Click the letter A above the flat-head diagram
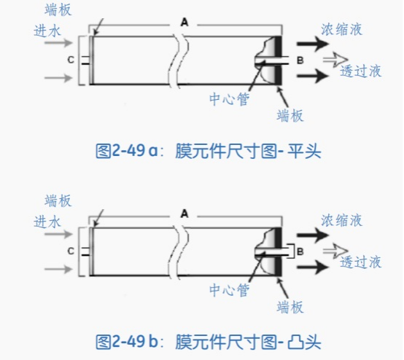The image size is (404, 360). click(x=184, y=23)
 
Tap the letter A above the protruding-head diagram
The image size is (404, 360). click(x=184, y=214)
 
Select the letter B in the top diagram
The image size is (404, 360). click(x=300, y=60)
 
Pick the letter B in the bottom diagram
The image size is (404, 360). click(x=300, y=251)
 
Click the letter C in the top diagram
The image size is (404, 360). click(x=71, y=60)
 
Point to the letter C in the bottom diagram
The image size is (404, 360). click(x=71, y=251)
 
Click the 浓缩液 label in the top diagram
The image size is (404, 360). click(x=341, y=29)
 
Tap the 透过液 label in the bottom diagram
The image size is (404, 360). click(x=360, y=262)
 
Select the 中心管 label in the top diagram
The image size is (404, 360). click(x=229, y=99)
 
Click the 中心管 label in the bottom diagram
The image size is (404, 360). click(x=229, y=290)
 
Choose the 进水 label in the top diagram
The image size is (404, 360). click(x=47, y=31)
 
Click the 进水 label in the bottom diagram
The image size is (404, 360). click(x=47, y=222)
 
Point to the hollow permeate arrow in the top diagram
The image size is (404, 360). click(x=335, y=60)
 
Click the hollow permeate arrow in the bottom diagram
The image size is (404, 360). click(x=335, y=251)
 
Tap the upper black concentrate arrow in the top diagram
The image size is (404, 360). click(x=313, y=44)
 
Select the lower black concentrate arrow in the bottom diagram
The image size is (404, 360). click(x=313, y=267)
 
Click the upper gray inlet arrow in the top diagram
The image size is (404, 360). click(x=59, y=42)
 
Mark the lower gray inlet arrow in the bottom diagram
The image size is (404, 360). click(x=59, y=269)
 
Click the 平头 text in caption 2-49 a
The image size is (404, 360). click(x=304, y=151)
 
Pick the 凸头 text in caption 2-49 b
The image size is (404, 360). click(x=304, y=342)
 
